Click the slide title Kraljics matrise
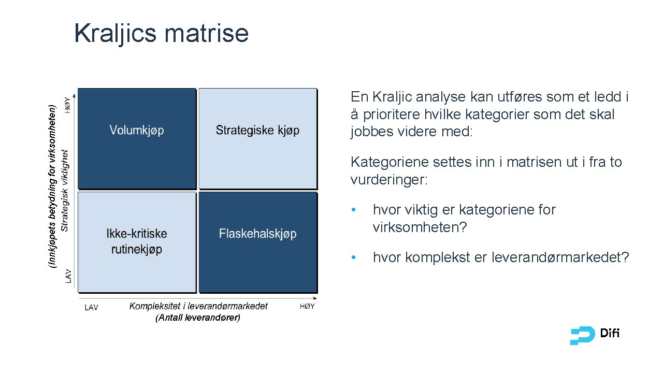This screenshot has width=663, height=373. tap(161, 33)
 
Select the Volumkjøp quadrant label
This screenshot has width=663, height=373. tap(137, 130)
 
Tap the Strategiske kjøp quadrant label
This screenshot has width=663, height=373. tap(257, 130)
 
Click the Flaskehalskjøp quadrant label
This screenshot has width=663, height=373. tap(257, 234)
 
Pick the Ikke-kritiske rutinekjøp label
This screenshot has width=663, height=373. tap(137, 241)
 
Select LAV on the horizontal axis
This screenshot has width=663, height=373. tap(91, 307)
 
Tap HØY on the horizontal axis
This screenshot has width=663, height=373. tap(307, 307)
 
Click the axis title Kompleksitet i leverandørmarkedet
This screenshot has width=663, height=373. tap(198, 306)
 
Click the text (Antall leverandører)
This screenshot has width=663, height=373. tap(198, 318)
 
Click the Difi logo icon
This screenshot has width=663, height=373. tap(582, 336)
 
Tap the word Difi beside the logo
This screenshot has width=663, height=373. tap(610, 334)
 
